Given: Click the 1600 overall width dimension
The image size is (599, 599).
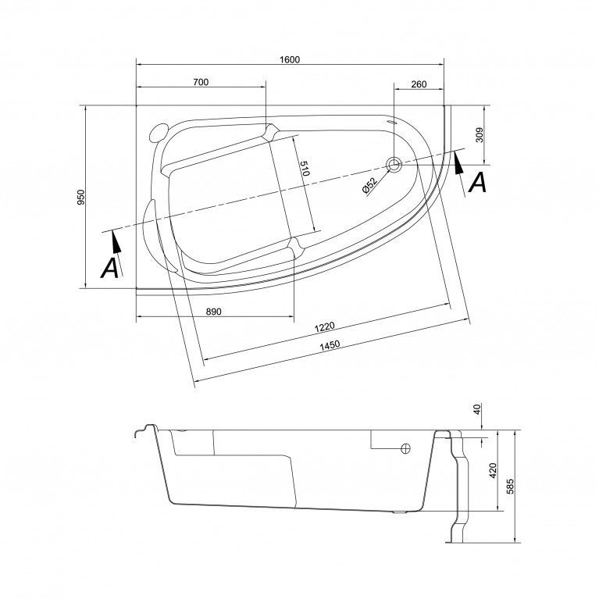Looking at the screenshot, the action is click(290, 59).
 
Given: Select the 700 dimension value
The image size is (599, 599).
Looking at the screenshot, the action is click(201, 82).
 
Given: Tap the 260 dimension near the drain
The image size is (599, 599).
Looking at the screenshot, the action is click(419, 84).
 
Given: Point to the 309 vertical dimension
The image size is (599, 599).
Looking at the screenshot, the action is click(480, 134).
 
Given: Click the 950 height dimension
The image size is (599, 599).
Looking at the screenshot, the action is click(81, 197).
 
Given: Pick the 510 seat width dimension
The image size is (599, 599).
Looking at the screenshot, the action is click(304, 169).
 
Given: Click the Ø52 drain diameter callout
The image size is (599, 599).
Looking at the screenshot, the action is click(369, 186).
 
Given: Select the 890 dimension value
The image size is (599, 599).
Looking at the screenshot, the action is click(213, 312).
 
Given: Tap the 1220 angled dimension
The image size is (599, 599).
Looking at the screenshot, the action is click(324, 326).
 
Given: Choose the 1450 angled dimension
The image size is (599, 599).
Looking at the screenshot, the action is click(330, 346).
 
